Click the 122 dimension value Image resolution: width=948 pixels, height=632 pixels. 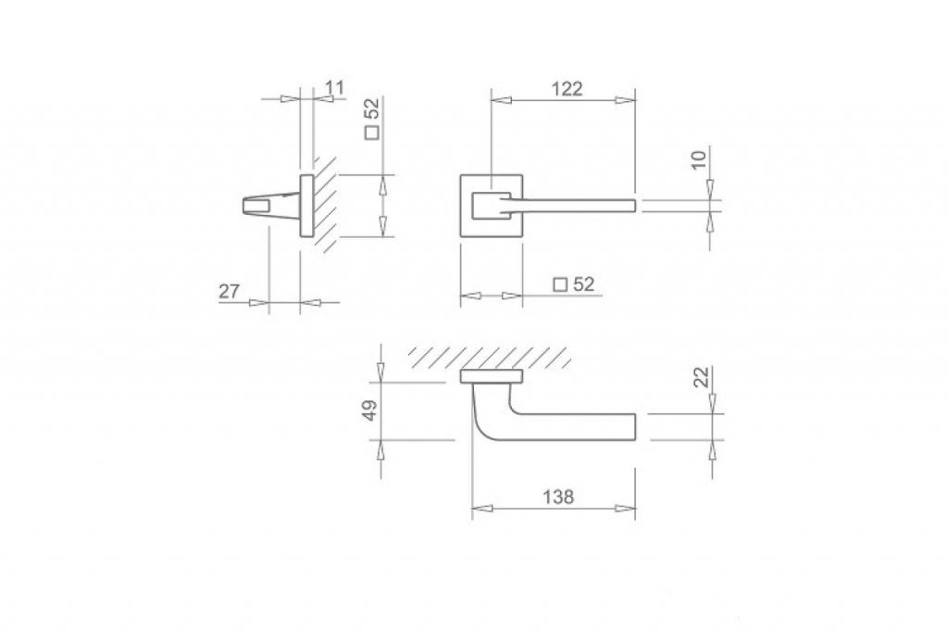[568, 89]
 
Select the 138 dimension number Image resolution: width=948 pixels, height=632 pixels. [557, 497]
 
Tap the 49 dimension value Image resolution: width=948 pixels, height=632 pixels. [370, 410]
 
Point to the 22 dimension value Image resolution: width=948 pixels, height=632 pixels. [702, 377]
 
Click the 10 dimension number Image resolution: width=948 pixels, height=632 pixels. [698, 159]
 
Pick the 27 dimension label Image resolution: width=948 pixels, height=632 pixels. [230, 292]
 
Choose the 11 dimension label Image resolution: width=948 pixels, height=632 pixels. [334, 88]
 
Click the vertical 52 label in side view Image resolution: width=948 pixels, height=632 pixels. [373, 108]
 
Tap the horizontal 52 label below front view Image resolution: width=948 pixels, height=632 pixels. [583, 284]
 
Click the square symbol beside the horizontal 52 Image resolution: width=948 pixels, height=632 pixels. [561, 284]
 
